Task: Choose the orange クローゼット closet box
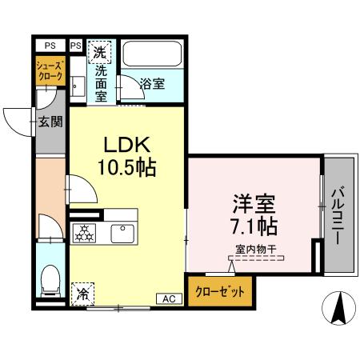(220, 290)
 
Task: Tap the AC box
(169, 298)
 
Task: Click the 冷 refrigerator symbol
(82, 294)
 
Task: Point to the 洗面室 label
(101, 80)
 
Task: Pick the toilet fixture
(50, 278)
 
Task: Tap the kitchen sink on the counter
(122, 234)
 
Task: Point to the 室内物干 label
(255, 249)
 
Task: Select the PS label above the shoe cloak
(50, 46)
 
